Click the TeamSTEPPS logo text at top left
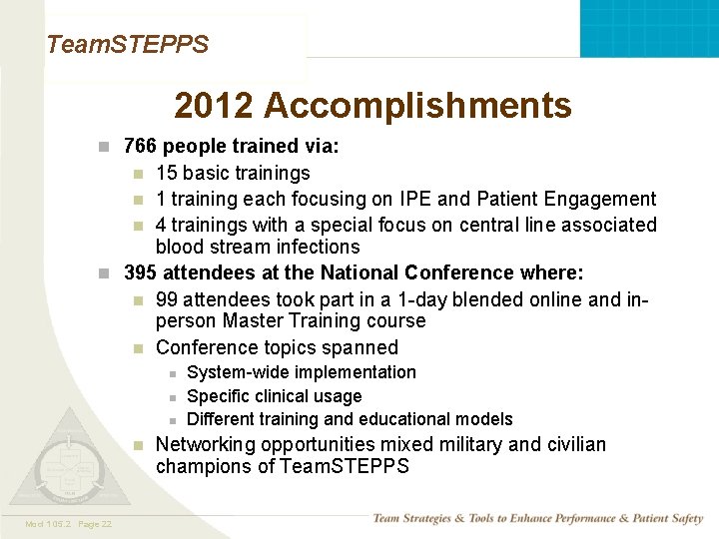click(128, 45)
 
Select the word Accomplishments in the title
click(417, 105)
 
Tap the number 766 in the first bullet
click(139, 147)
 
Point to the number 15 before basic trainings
click(166, 173)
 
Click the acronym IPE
click(411, 199)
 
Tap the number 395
click(140, 272)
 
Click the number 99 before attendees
click(167, 298)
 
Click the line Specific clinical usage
click(275, 396)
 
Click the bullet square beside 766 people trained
click(103, 148)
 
